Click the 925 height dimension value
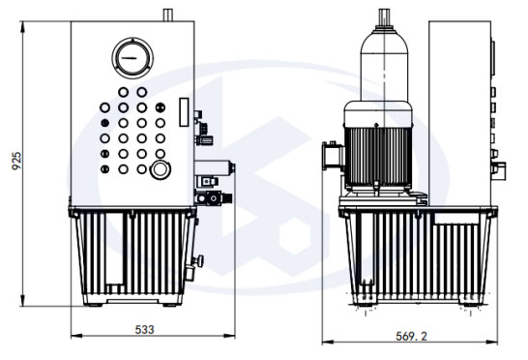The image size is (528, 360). (16, 161)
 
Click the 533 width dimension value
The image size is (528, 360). (144, 329)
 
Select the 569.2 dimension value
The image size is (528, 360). (411, 336)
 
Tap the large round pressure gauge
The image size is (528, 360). (132, 58)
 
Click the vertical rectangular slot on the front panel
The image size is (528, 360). (184, 112)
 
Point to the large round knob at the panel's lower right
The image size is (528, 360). (160, 169)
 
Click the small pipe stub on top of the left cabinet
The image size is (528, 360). (167, 15)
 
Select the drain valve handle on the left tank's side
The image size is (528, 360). (198, 260)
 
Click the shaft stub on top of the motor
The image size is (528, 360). (384, 17)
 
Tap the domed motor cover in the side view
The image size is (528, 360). (384, 64)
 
